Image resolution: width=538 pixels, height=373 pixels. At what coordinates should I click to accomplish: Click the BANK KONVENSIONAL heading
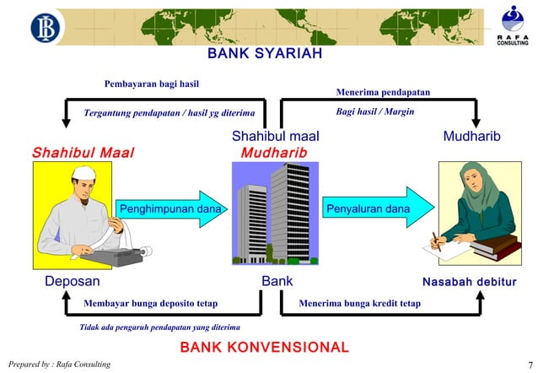264,348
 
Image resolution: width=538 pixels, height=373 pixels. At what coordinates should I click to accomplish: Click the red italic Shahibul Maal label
83,153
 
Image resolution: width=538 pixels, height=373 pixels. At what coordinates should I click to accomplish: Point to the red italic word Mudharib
274,153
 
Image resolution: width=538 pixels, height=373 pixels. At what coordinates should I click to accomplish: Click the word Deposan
73,281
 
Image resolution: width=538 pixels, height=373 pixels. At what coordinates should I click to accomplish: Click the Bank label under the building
277,281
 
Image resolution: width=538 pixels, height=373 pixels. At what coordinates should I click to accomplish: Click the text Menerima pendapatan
383,91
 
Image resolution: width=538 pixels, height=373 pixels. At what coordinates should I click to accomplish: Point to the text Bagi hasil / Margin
374,111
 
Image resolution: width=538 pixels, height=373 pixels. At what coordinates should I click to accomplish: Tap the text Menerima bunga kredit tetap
359,302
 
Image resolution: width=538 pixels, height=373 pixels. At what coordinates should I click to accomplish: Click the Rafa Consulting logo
512,25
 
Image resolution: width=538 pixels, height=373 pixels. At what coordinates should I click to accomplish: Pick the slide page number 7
528,364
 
